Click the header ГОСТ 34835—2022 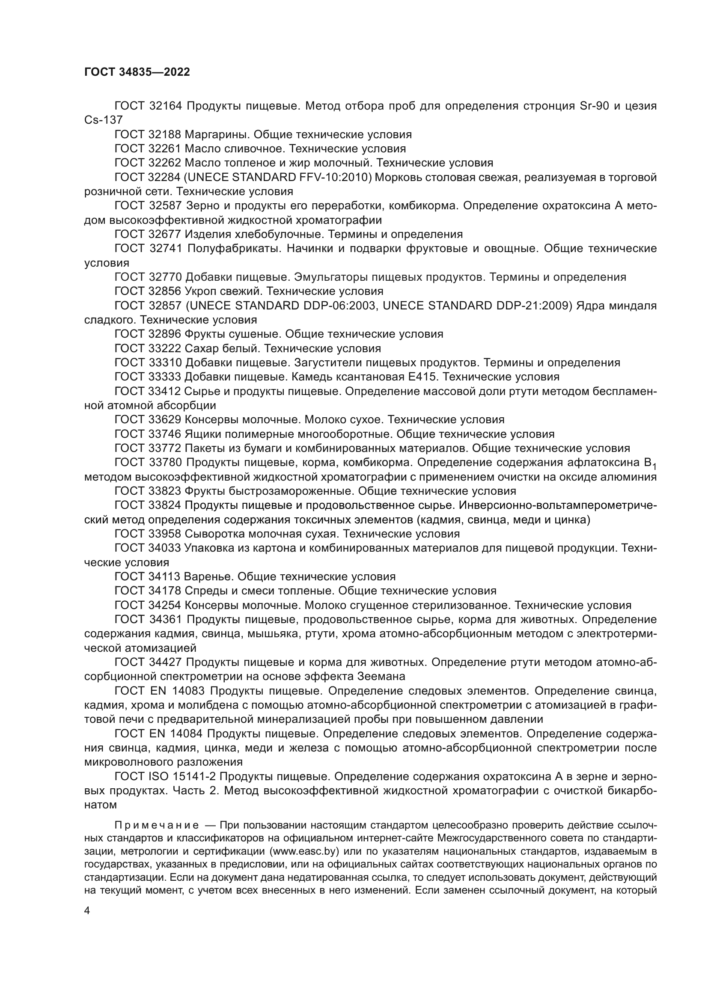137,72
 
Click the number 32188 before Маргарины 165,134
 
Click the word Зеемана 381,677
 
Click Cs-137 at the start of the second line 103,120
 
